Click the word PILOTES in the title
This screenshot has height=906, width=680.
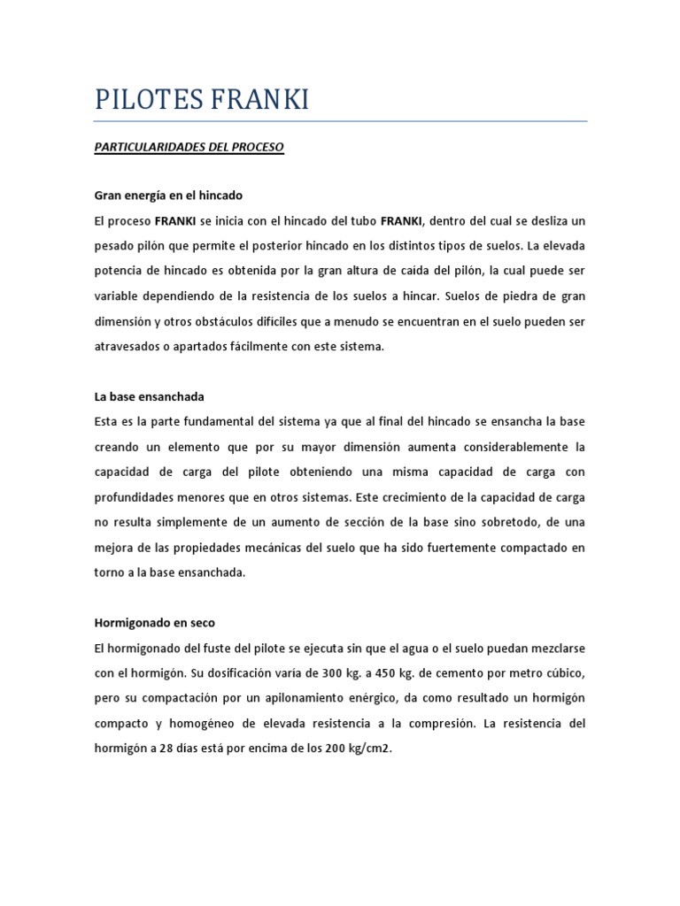pos(145,100)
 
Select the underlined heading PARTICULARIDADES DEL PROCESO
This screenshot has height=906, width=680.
pos(189,147)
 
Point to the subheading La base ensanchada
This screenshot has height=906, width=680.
pos(149,397)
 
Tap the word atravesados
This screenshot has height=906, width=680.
pos(126,347)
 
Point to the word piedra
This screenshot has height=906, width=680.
pos(516,296)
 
